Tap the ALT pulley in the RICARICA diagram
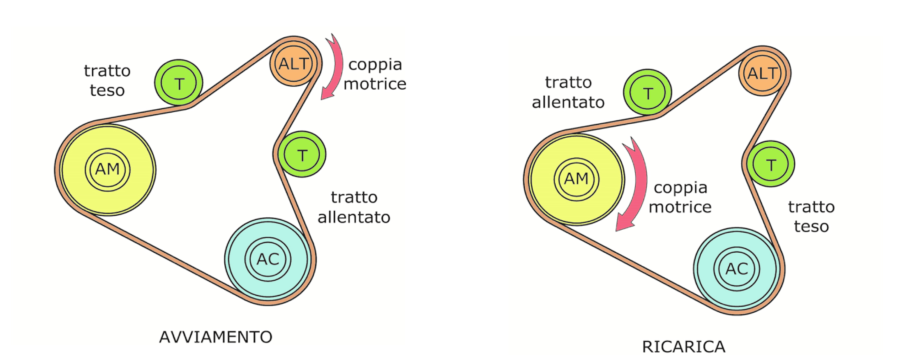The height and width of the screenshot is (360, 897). coord(763,73)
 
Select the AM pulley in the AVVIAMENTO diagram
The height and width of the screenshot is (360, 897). coord(108,169)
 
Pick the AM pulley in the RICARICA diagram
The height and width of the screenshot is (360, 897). coord(576,179)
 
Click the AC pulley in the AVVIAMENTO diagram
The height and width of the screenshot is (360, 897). coord(268,260)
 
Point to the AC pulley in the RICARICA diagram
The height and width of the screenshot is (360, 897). coord(737,269)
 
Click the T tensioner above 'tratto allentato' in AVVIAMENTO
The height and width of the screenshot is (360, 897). coord(302,155)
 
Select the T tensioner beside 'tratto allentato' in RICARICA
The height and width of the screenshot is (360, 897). coord(648,92)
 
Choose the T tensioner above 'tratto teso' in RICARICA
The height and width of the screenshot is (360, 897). coord(771,164)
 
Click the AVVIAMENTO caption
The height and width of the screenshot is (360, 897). coord(216,337)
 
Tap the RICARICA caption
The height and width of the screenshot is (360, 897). coord(684,347)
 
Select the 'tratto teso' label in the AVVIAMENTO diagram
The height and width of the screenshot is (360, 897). coord(107,81)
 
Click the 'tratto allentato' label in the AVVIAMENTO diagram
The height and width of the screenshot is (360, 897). coord(354,207)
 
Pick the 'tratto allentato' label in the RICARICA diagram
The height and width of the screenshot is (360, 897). coord(568,92)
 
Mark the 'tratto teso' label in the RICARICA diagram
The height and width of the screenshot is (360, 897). coord(811,217)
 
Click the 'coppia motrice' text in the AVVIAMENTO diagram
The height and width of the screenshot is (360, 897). coord(375,74)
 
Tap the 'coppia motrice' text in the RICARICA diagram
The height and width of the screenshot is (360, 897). coord(680,197)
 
